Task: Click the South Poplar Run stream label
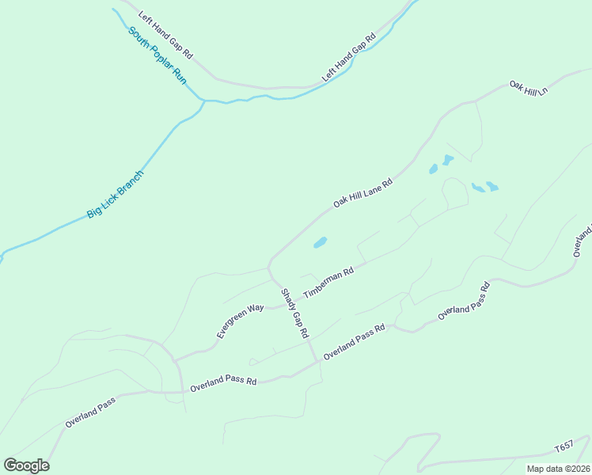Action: [157, 56]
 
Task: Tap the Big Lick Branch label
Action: [116, 194]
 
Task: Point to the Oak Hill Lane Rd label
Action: [362, 192]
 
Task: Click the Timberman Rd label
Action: [328, 281]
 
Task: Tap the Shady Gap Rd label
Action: [294, 313]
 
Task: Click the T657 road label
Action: [563, 447]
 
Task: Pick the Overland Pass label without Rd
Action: [90, 412]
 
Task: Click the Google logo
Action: [26, 465]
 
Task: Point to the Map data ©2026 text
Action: [558, 469]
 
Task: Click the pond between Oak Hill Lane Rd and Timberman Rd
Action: [320, 242]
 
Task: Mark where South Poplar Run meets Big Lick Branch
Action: [204, 101]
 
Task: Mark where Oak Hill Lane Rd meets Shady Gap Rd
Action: [269, 265]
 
